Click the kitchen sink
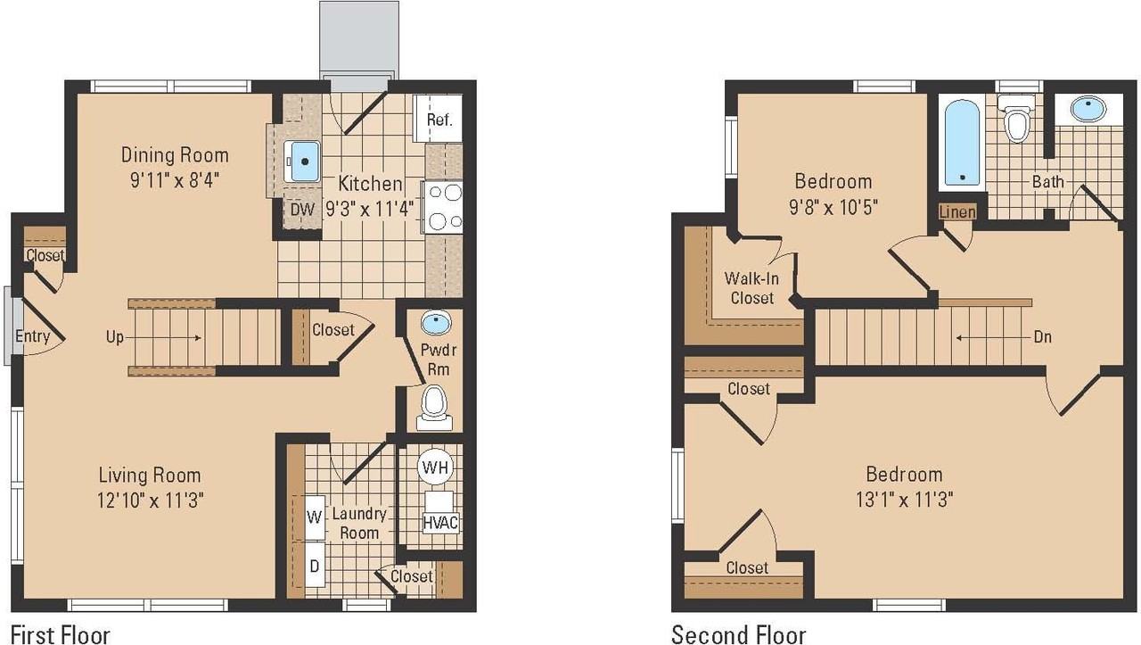click(302, 161)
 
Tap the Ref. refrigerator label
click(439, 120)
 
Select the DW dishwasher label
click(302, 209)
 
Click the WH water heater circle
click(436, 467)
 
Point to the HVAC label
click(440, 523)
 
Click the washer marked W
click(315, 517)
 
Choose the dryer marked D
click(315, 565)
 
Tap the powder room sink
click(436, 323)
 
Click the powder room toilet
click(434, 408)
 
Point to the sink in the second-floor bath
click(1088, 109)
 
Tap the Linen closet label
click(957, 212)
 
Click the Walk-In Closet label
click(751, 288)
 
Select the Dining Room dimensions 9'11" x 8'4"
click(175, 180)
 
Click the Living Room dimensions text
click(151, 500)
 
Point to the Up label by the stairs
click(115, 337)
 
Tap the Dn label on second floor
click(1043, 336)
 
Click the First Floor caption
click(60, 635)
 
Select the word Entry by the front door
click(33, 336)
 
